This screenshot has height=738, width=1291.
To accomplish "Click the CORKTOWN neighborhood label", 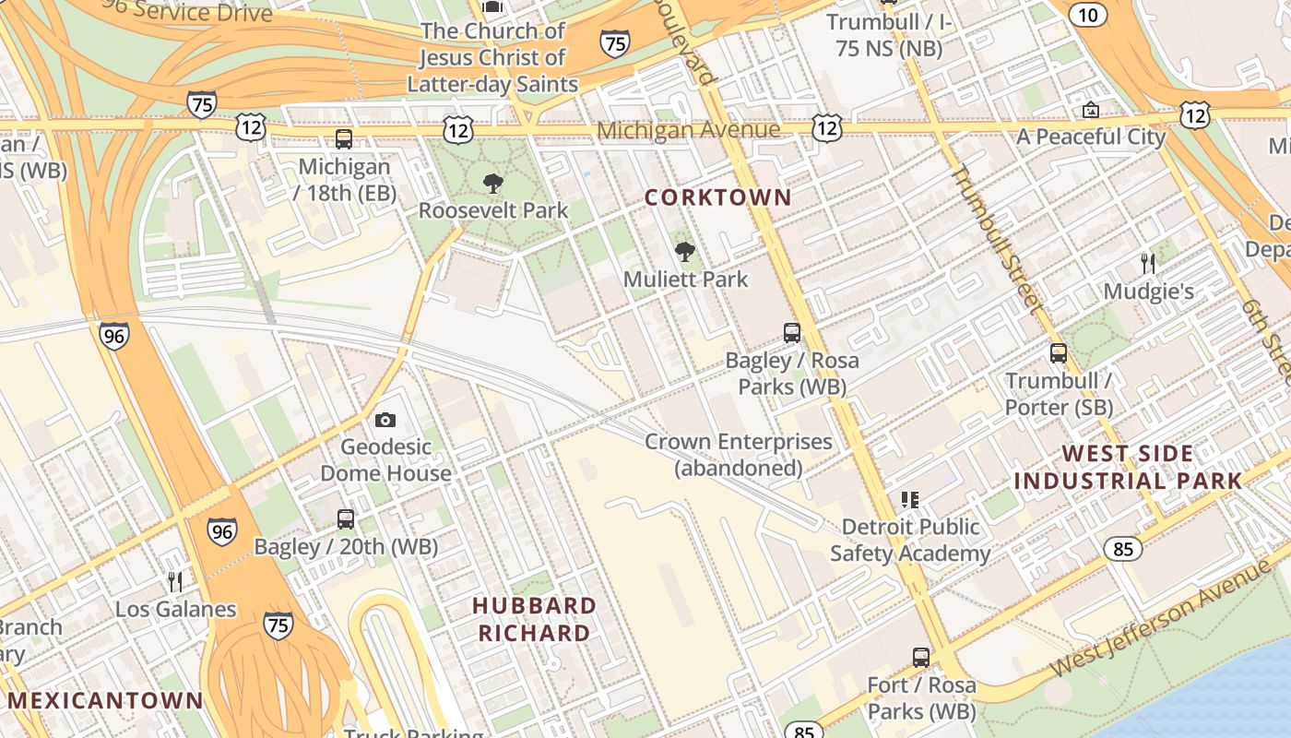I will tap(717, 197).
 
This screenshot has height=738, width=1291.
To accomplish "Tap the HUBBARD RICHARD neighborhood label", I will tap(534, 619).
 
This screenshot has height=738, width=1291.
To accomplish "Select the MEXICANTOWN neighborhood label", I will tap(104, 700).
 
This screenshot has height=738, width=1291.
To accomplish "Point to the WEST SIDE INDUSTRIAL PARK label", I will tap(1128, 467).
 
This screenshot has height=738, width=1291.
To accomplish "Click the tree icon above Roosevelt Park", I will tap(493, 183).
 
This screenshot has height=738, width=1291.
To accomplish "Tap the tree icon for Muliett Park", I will tap(685, 251).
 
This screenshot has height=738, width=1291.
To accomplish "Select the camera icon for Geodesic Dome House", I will tap(385, 421).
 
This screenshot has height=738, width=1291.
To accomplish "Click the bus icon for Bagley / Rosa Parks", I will tap(792, 333).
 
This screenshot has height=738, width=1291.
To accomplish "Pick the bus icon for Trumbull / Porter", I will tap(1059, 353).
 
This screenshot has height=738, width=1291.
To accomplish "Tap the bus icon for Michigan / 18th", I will tap(344, 139).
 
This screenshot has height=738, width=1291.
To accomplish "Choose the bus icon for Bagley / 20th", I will tap(346, 519).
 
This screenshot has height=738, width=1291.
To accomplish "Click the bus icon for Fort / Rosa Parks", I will tap(921, 658).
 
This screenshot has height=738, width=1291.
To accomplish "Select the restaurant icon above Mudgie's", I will tap(1148, 264).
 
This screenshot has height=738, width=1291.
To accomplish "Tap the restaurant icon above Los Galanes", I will tap(175, 581).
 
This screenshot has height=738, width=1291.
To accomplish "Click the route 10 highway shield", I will tap(1088, 14).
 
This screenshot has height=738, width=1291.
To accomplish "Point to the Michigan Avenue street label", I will tap(688, 130).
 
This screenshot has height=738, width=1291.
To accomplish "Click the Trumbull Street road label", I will tap(996, 238).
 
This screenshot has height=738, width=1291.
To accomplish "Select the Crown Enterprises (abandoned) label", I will tap(738, 455).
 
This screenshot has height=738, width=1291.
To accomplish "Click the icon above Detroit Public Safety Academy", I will tap(910, 500).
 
